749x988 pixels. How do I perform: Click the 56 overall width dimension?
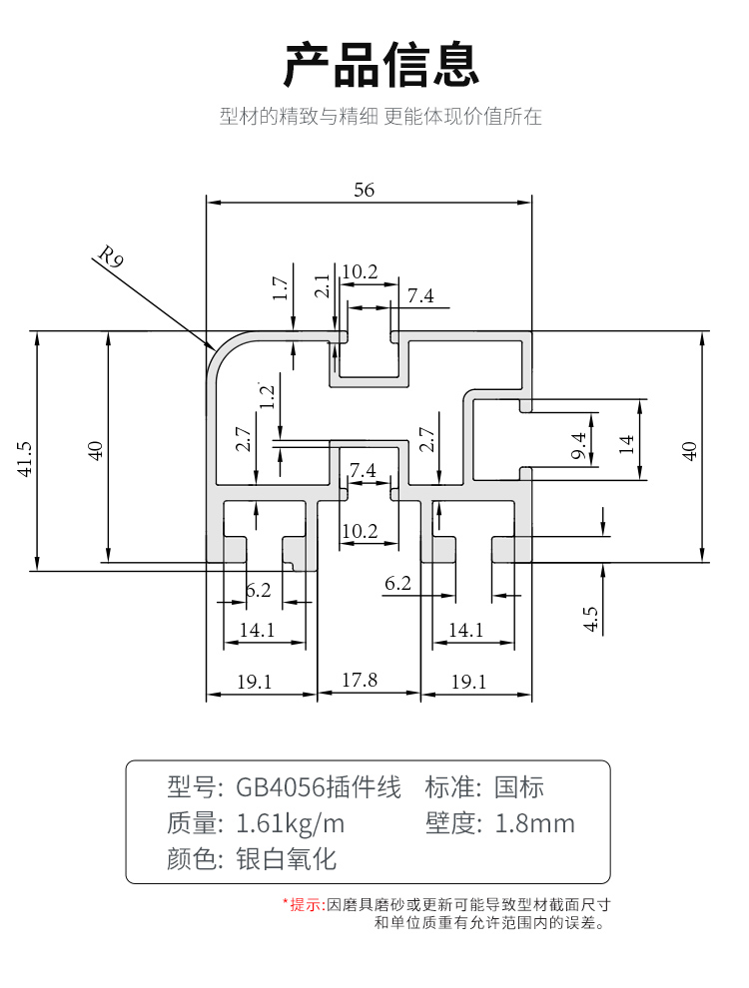pos(365,190)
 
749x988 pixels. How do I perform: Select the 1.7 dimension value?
pos(281,288)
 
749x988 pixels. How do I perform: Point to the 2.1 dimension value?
pos(322,286)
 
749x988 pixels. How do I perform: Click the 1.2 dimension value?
pos(267,396)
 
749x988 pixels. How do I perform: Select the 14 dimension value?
pos(626,442)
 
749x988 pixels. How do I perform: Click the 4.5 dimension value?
pos(590,619)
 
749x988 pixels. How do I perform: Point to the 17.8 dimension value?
pos(360,681)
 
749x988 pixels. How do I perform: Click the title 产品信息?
pos(382,65)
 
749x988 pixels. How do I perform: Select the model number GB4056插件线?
pos(319,788)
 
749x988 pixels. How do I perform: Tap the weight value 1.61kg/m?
pos(290,824)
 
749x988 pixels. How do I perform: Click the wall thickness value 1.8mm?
pos(535,824)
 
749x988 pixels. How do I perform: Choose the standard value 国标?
pos(519,788)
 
